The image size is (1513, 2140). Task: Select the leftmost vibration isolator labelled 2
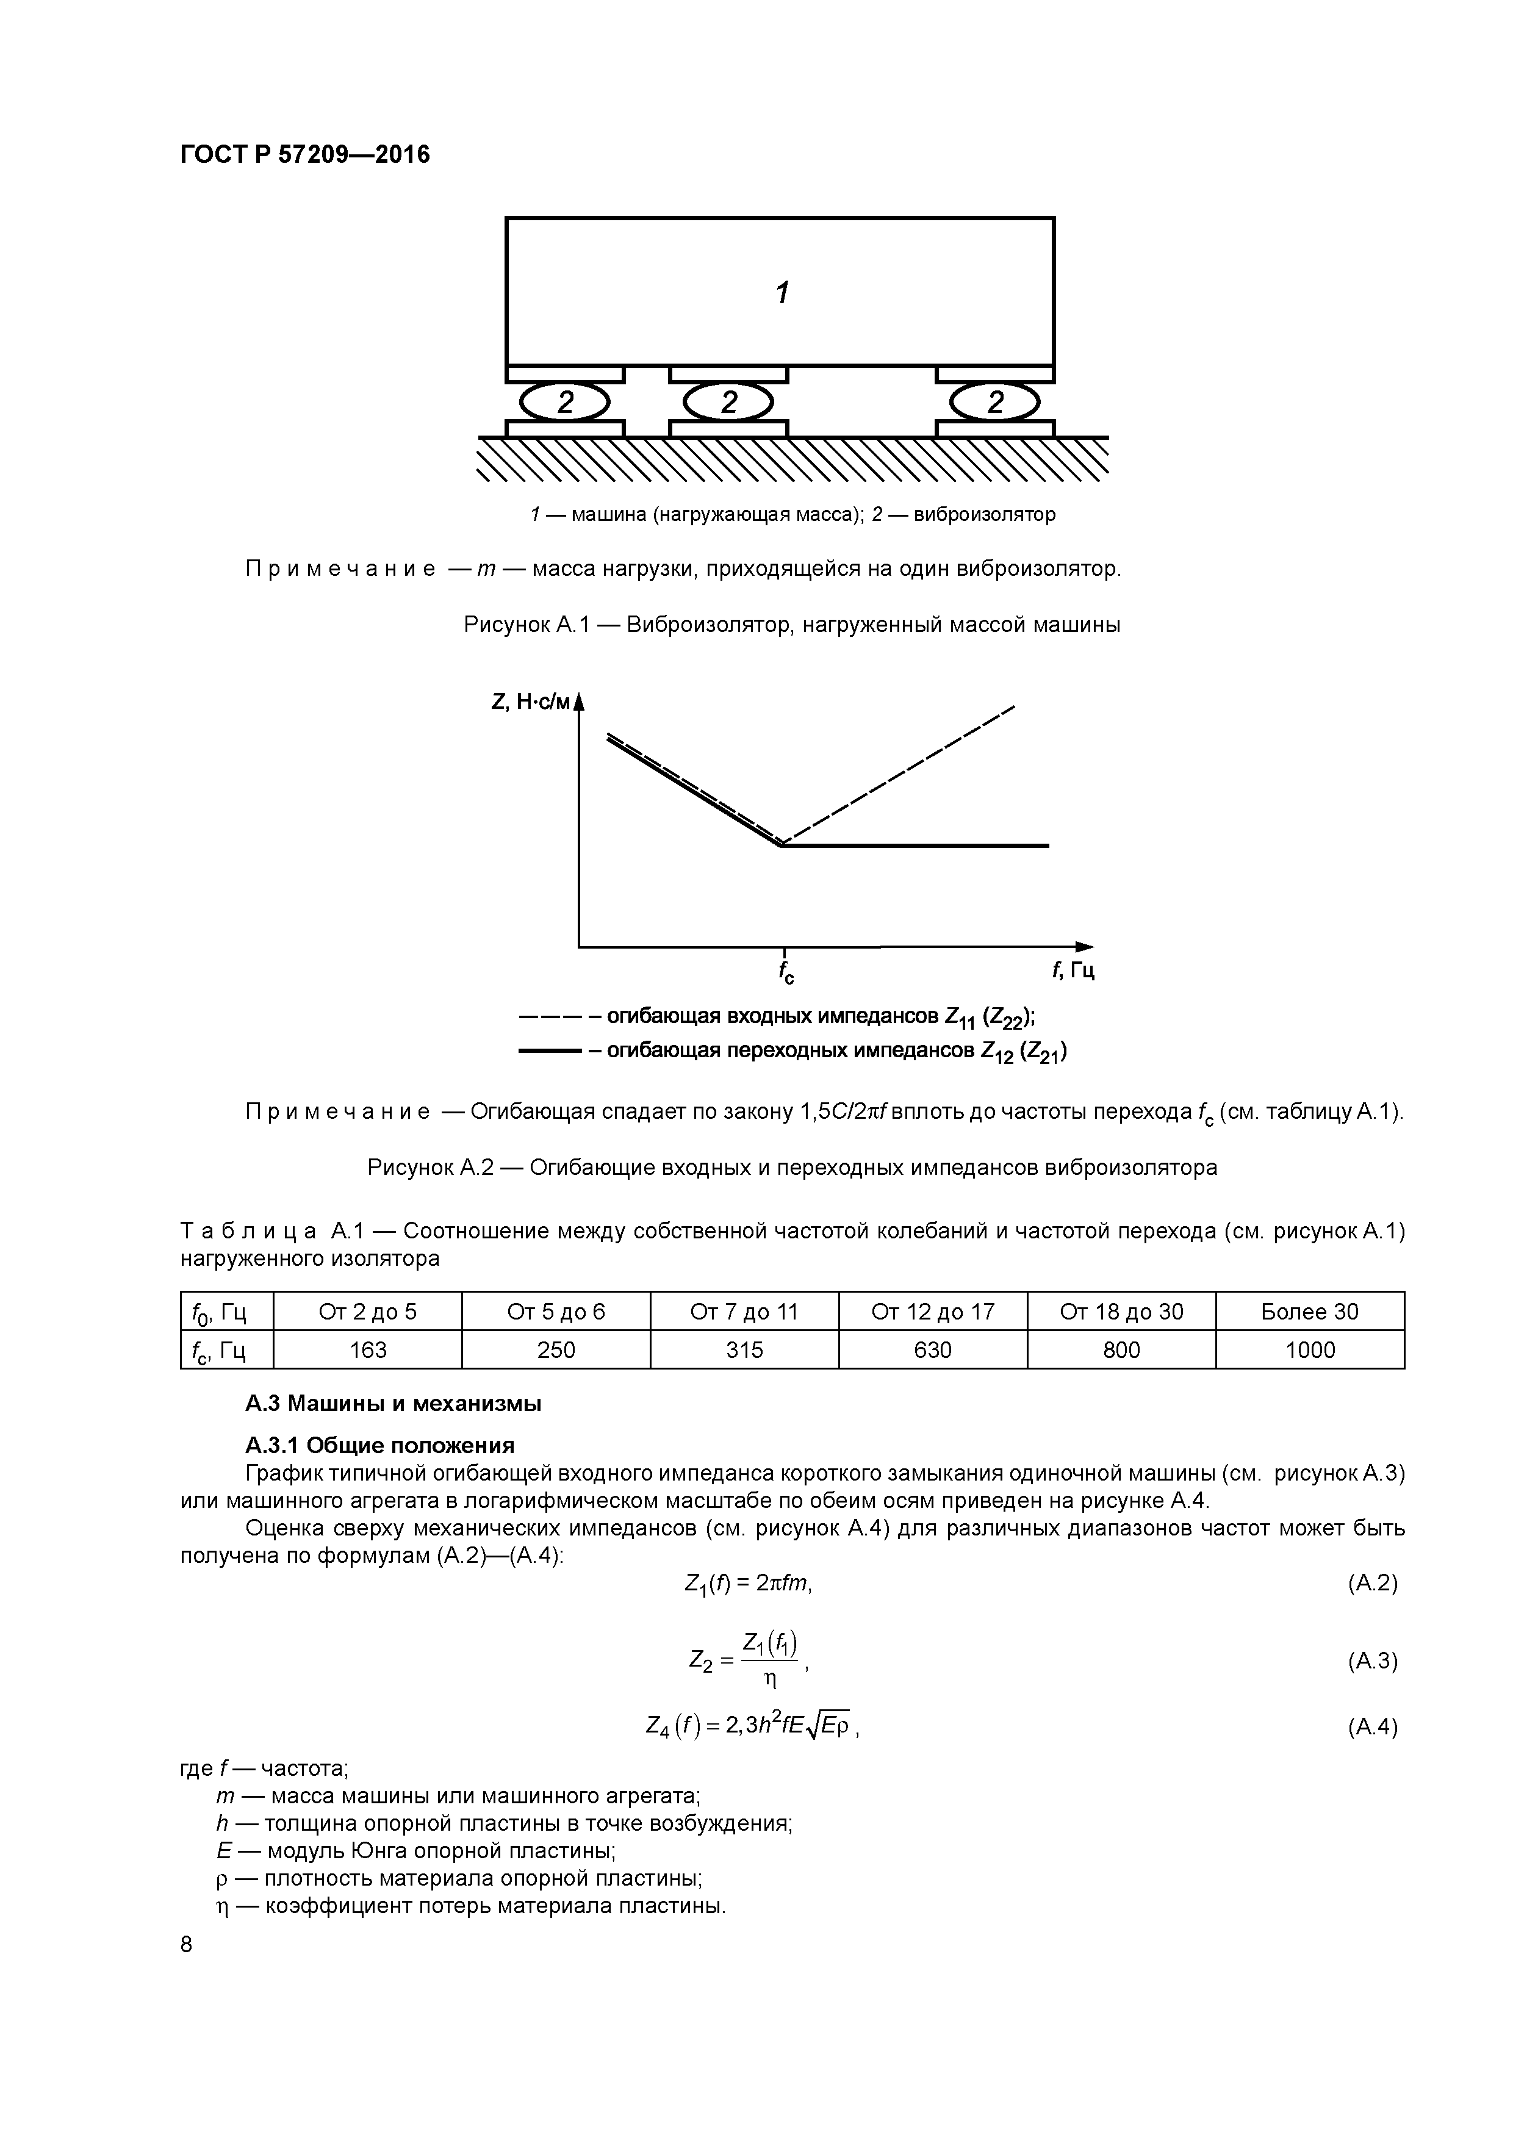(564, 403)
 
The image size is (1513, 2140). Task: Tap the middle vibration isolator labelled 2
(728, 403)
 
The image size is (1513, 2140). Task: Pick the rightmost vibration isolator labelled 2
(994, 403)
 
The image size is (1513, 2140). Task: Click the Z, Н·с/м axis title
(528, 702)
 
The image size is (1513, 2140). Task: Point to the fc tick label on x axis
(786, 973)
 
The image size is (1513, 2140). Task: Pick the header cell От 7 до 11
(744, 1312)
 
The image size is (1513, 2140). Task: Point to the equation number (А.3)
(1372, 1660)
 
